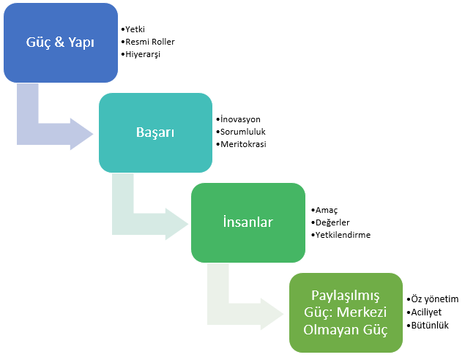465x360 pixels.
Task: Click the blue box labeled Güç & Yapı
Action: [60, 42]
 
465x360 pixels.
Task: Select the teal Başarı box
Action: [155, 132]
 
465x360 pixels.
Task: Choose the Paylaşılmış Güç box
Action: [346, 312]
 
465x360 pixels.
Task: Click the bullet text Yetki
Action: [135, 29]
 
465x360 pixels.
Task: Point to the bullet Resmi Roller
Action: [150, 42]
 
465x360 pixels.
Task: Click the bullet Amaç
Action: [326, 210]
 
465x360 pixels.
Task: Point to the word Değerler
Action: [332, 222]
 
